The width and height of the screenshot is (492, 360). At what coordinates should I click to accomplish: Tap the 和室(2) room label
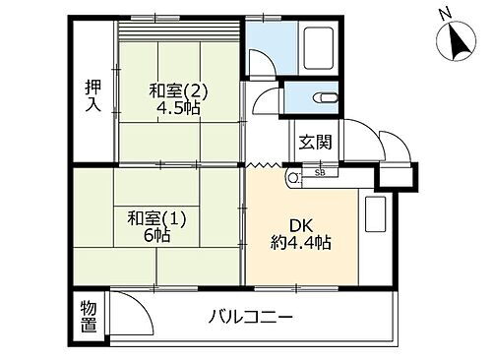[x=178, y=91]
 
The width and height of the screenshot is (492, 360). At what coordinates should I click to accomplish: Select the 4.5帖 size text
[x=178, y=108]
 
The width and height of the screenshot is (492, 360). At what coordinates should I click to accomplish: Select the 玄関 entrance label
[x=316, y=141]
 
